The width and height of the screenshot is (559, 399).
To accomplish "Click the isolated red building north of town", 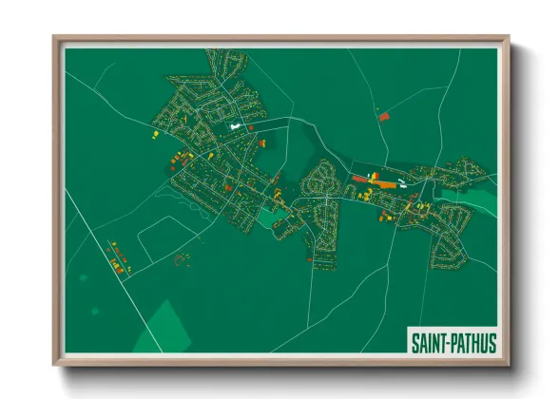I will point(384,116).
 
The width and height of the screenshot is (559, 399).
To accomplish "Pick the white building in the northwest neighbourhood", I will point(234,123).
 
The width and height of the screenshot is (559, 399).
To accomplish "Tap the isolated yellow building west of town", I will point(151,136).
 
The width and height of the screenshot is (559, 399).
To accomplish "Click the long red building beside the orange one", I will point(360,178).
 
